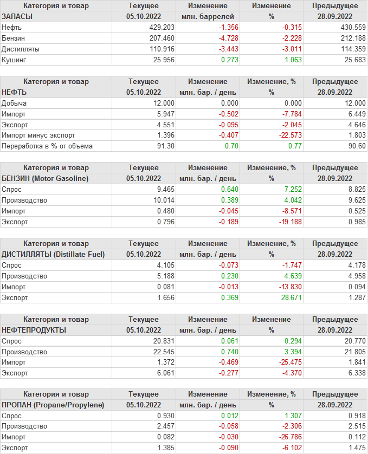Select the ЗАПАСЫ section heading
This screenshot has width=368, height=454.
tap(17, 16)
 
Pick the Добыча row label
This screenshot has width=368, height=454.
tap(15, 103)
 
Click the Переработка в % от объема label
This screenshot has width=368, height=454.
tap(47, 146)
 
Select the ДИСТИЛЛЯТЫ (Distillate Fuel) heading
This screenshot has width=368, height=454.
tap(53, 254)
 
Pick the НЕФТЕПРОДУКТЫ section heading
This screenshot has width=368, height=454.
tap(34, 329)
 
